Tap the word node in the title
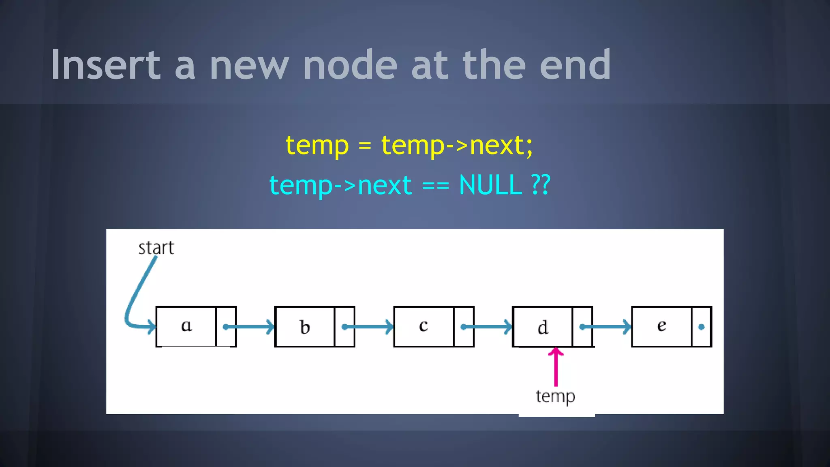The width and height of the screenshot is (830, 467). (x=350, y=65)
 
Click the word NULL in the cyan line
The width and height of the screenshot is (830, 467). (x=490, y=185)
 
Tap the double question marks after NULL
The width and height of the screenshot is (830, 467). (x=541, y=185)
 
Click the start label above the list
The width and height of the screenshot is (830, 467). (x=156, y=248)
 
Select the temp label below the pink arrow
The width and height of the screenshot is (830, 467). (x=555, y=396)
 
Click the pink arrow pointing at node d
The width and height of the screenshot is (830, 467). (x=556, y=367)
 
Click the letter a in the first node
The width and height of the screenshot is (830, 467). (x=186, y=326)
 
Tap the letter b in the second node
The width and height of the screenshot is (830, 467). (x=305, y=327)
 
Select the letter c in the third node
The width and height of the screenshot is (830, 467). (x=424, y=326)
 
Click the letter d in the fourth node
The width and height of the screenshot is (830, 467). (x=543, y=327)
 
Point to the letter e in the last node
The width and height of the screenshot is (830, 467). (x=661, y=326)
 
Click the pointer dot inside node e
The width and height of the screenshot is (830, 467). (x=701, y=327)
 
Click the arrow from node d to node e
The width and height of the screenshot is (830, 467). (x=606, y=327)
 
